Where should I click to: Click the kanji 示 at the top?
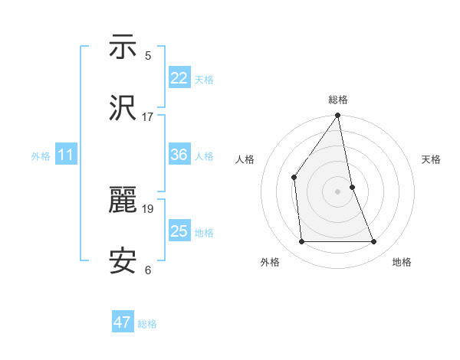click(123, 47)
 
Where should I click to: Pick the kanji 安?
click(123, 262)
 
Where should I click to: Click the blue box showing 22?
click(179, 78)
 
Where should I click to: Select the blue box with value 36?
click(179, 155)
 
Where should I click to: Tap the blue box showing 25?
click(179, 231)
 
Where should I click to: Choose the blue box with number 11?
click(66, 155)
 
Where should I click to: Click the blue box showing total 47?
click(123, 322)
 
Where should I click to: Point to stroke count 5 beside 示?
click(148, 55)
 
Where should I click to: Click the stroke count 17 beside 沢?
click(148, 116)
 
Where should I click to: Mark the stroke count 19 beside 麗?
click(148, 208)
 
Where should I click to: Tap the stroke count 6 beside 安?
click(148, 270)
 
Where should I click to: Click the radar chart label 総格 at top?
click(338, 100)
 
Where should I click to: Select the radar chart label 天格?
click(431, 159)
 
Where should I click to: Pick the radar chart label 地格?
click(402, 262)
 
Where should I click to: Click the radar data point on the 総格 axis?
click(338, 116)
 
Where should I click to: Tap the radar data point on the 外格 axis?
click(301, 242)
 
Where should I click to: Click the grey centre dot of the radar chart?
click(338, 191)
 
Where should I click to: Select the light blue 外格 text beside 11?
click(41, 156)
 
